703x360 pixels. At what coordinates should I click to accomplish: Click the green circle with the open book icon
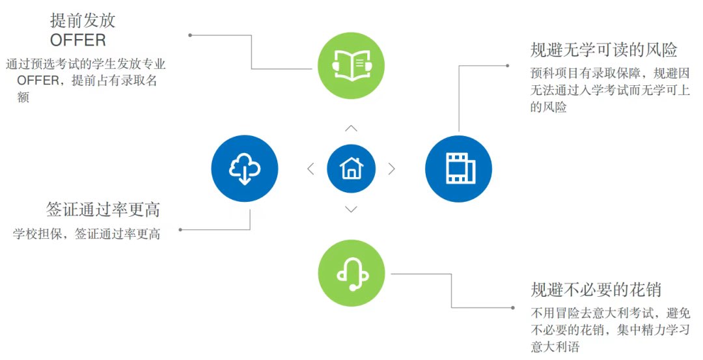point(351,64)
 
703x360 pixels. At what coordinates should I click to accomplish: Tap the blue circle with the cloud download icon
point(245,169)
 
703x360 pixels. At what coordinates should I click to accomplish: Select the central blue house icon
point(351,169)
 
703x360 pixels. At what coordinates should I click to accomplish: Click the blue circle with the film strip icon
point(458,169)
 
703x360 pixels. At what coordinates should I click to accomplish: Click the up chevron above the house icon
point(351,128)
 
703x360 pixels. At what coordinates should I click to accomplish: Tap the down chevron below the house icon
point(351,209)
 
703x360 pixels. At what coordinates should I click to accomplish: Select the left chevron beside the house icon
point(310,169)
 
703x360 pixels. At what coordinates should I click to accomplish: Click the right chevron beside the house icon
point(391,169)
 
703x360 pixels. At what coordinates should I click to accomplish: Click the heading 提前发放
point(83,20)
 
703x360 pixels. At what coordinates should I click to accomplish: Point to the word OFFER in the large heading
point(78,40)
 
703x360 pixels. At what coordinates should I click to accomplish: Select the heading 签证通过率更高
point(103,210)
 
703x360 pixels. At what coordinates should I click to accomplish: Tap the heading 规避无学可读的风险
point(604,50)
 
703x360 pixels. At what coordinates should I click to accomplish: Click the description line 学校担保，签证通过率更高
point(87,234)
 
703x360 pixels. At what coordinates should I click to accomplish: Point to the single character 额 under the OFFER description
point(23,97)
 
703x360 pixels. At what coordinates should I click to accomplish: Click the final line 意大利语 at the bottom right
point(555,347)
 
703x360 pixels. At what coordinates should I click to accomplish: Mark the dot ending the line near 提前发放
point(190,35)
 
